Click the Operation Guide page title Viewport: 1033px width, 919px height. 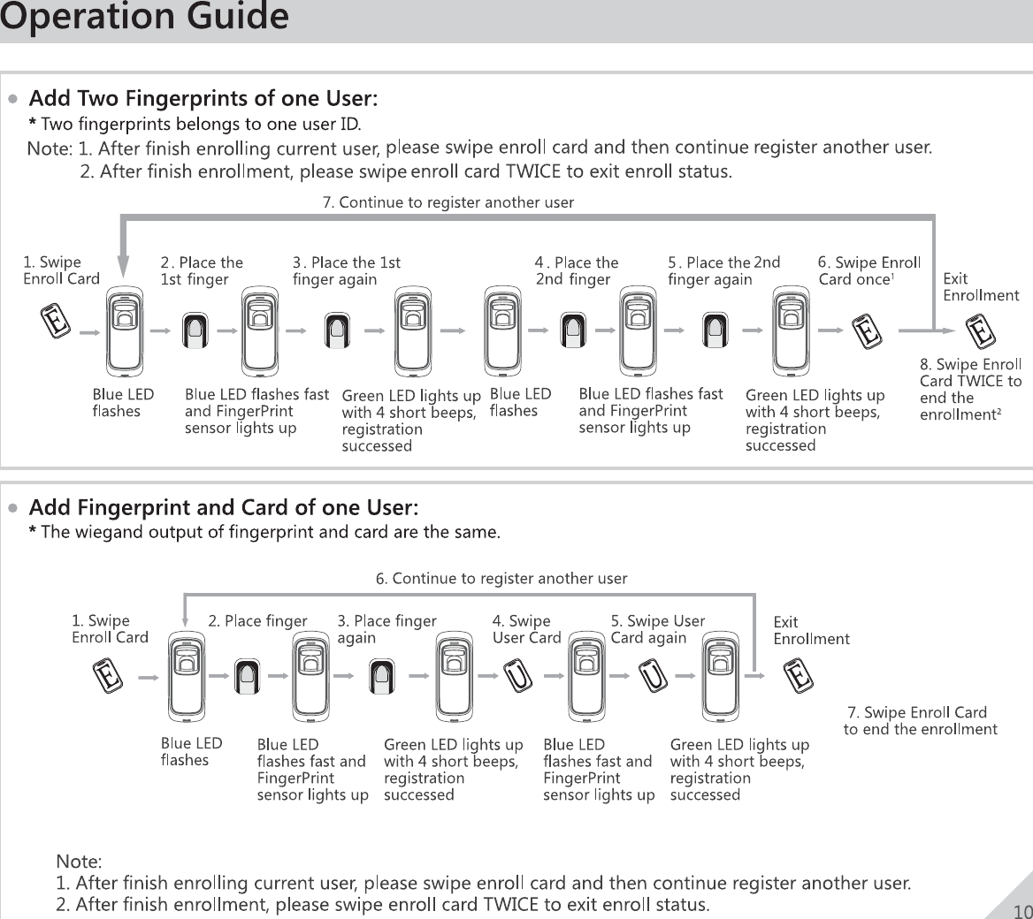click(x=144, y=18)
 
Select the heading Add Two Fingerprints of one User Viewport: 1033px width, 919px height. click(x=204, y=95)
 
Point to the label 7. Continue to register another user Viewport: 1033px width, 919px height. click(x=448, y=202)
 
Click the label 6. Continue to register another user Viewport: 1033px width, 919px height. click(x=501, y=579)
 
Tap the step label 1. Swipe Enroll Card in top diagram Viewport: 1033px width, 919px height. click(x=60, y=270)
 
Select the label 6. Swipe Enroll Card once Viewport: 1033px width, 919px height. click(x=868, y=270)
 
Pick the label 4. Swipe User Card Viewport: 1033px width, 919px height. click(x=526, y=629)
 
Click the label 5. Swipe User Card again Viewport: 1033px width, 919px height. click(x=657, y=629)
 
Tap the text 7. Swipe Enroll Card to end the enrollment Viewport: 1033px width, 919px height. click(x=920, y=720)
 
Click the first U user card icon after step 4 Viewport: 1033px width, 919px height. click(x=519, y=677)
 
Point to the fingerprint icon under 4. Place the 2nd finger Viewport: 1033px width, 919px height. click(x=575, y=330)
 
